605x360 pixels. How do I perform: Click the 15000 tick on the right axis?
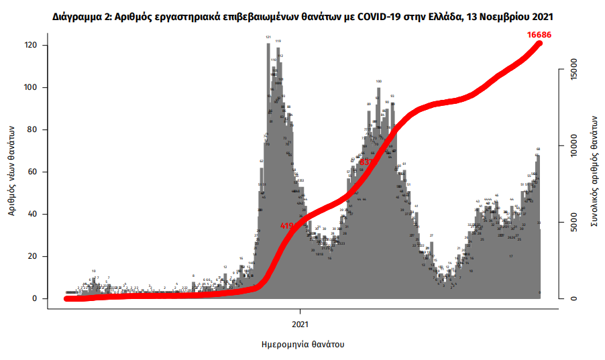[572, 69]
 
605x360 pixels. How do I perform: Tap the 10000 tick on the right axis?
[572, 145]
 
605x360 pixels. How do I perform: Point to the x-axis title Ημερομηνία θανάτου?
[302, 345]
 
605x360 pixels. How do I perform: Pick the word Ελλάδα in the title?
[439, 15]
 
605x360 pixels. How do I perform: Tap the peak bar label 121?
[268, 38]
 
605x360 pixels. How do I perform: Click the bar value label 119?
[278, 42]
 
